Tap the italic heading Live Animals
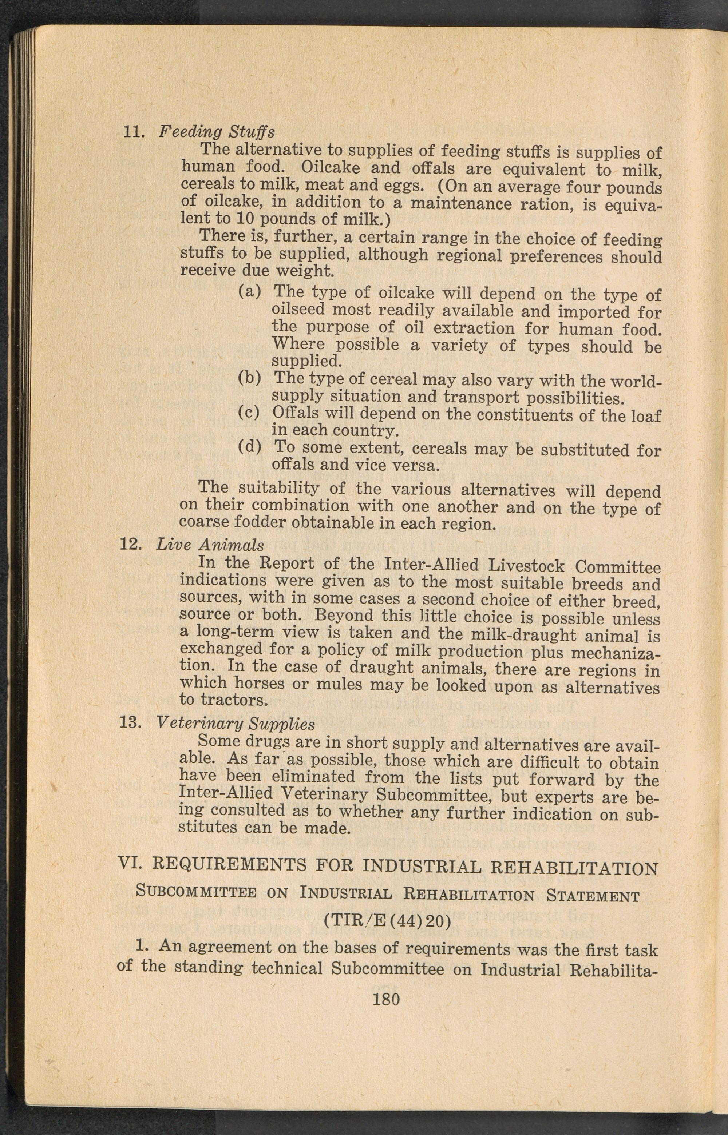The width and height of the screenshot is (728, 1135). pyautogui.click(x=210, y=545)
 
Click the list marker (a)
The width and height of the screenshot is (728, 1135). pyautogui.click(x=250, y=291)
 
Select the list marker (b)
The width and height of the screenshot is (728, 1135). pyautogui.click(x=250, y=378)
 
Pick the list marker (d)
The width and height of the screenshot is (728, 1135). pyautogui.click(x=250, y=446)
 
